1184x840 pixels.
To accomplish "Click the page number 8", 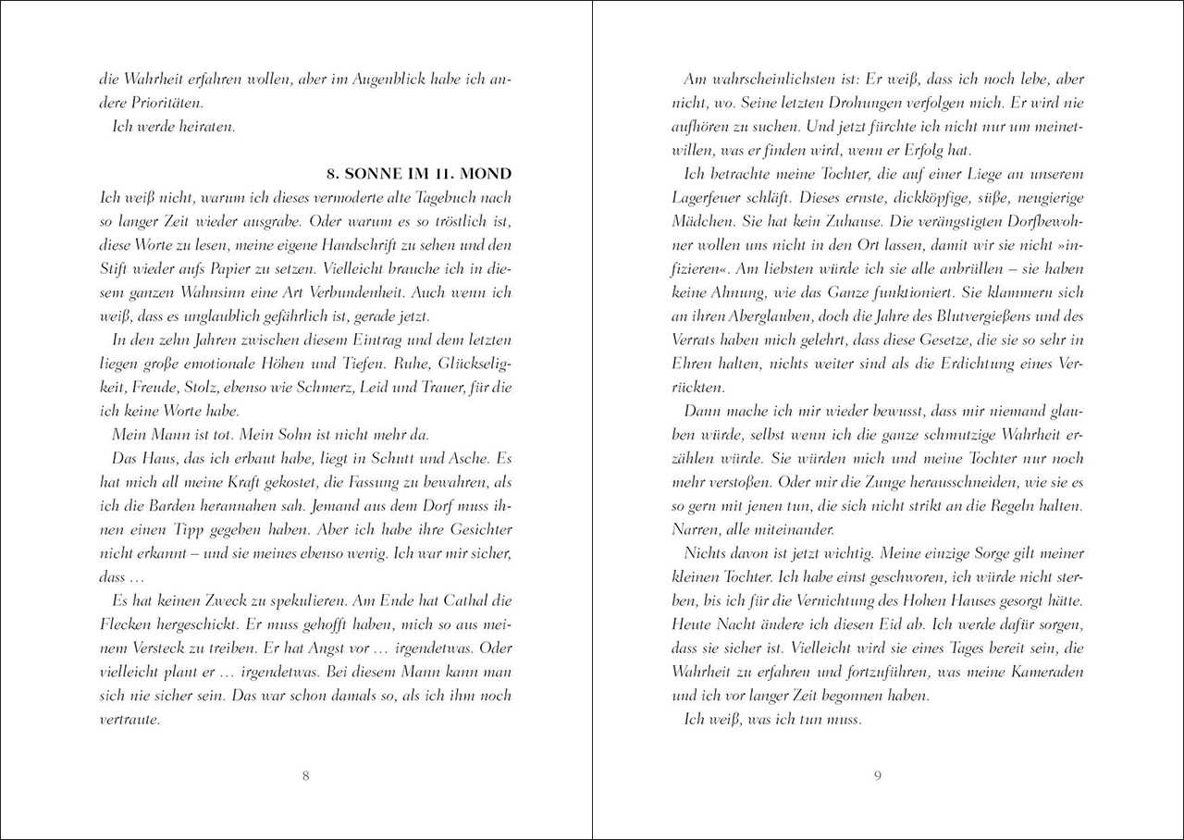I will pos(306,775).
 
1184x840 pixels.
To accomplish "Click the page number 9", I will pos(877,775).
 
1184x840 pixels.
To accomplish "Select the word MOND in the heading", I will pos(488,175).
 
